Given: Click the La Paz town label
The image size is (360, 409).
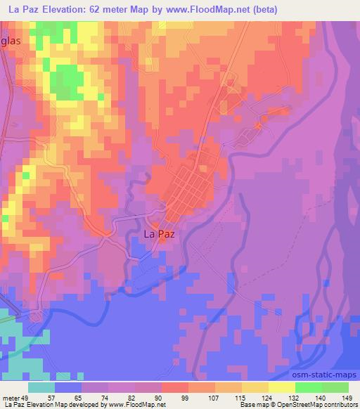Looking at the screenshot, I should (x=158, y=236).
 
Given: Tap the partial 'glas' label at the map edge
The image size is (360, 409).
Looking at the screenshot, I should (x=11, y=41).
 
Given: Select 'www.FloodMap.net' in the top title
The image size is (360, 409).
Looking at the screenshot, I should (x=210, y=9).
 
